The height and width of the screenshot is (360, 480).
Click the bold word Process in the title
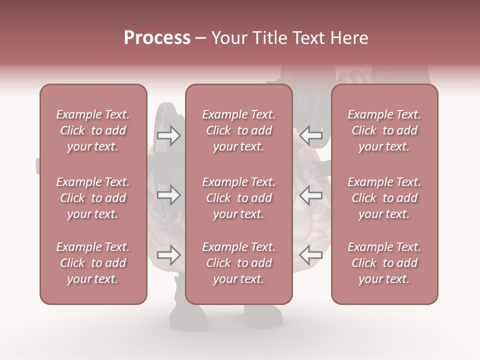(157, 38)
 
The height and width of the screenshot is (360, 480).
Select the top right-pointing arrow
(168, 135)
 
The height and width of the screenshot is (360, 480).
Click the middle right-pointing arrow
(168, 195)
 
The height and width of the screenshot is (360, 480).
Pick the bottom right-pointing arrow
(168, 255)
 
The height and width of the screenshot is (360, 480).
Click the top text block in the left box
(93, 130)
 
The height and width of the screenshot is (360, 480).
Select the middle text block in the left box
(93, 198)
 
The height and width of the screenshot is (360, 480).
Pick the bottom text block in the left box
(93, 263)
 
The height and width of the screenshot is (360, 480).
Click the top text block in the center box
(238, 130)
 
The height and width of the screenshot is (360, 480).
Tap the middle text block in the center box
(238, 198)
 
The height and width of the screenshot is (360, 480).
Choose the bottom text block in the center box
(238, 263)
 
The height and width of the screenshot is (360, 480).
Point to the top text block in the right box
(384, 130)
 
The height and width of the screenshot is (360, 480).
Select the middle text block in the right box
(384, 198)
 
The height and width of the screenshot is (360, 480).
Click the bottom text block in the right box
(384, 263)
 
